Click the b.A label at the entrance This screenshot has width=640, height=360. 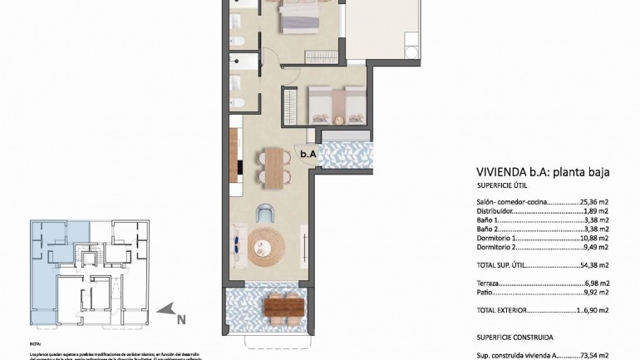pyautogui.click(x=308, y=153)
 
